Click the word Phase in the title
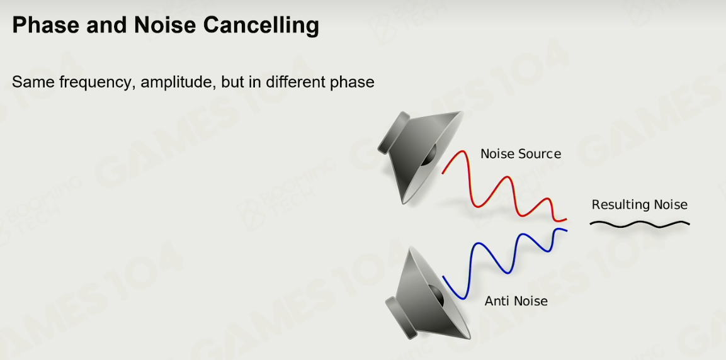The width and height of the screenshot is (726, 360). tap(46, 25)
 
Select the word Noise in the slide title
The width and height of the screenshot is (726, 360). tap(164, 25)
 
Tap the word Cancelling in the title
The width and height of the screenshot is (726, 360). tap(261, 26)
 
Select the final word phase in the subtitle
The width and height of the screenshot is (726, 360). tap(353, 82)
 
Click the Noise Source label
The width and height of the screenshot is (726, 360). tap(521, 154)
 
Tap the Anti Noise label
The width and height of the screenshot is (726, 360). tap(516, 301)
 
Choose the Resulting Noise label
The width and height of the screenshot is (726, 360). tap(639, 205)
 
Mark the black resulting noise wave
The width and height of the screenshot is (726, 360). tap(639, 225)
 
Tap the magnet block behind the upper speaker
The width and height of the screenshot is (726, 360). tap(394, 132)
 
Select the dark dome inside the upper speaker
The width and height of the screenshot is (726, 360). tap(429, 155)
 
